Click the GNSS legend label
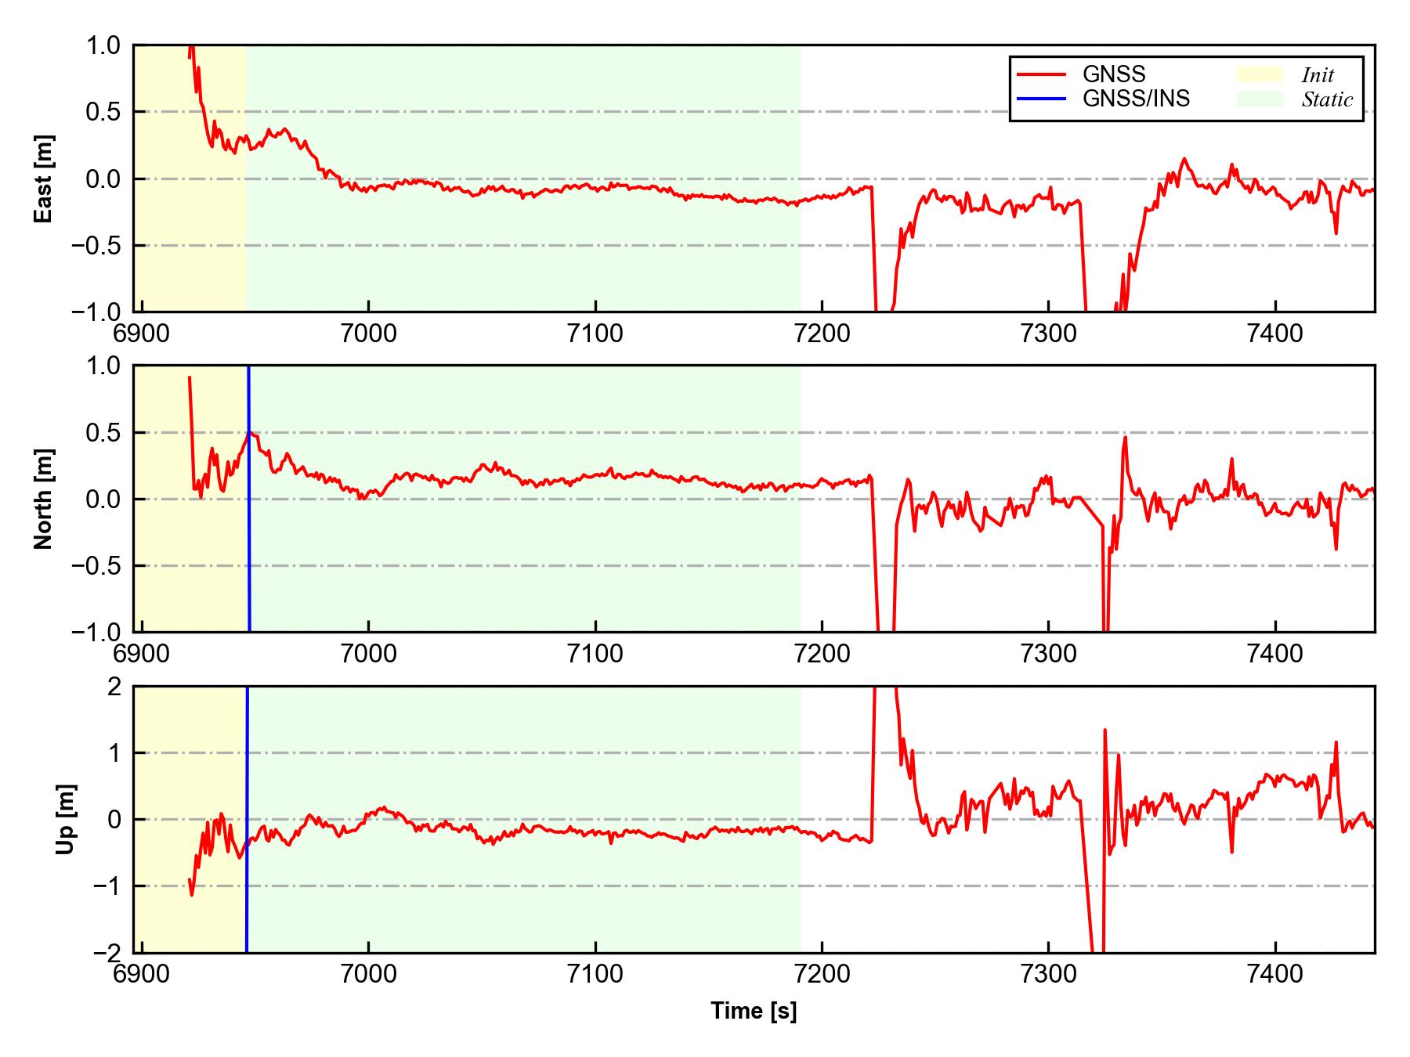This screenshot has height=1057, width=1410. (x=1113, y=74)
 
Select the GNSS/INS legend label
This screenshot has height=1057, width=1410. (x=1136, y=99)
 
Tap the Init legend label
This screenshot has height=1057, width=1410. (x=1318, y=75)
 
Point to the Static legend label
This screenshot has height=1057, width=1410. (x=1327, y=99)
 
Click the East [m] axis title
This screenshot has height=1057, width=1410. (x=44, y=179)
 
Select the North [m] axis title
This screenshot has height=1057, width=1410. (x=44, y=499)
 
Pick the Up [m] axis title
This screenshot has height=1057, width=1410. (x=66, y=819)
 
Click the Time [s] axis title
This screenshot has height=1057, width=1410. (x=754, y=1011)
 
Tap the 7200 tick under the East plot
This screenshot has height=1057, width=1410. (x=822, y=334)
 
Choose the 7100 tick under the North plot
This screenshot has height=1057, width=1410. (x=595, y=654)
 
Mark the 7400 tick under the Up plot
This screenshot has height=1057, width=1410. (x=1275, y=974)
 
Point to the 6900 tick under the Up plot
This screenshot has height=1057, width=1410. (x=142, y=974)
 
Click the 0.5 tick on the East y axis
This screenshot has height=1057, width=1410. (x=103, y=112)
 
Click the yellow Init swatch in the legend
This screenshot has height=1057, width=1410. (x=1260, y=74)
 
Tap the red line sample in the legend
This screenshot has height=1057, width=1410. (x=1041, y=74)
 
